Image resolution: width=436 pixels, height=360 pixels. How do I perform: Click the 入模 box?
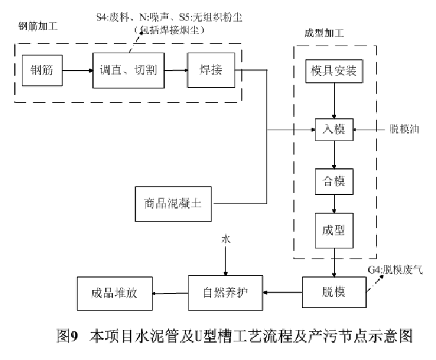[x=333, y=130]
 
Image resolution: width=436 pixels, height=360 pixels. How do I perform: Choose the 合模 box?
[x=333, y=181]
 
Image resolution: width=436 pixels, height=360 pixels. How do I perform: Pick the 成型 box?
[x=333, y=228]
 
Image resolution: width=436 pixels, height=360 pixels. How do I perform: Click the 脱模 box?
[x=333, y=293]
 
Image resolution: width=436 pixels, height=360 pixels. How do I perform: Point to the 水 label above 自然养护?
[x=225, y=239]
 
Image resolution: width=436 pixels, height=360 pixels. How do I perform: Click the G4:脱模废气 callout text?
[x=396, y=268]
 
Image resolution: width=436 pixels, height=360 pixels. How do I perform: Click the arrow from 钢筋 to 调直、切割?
[x=79, y=71]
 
